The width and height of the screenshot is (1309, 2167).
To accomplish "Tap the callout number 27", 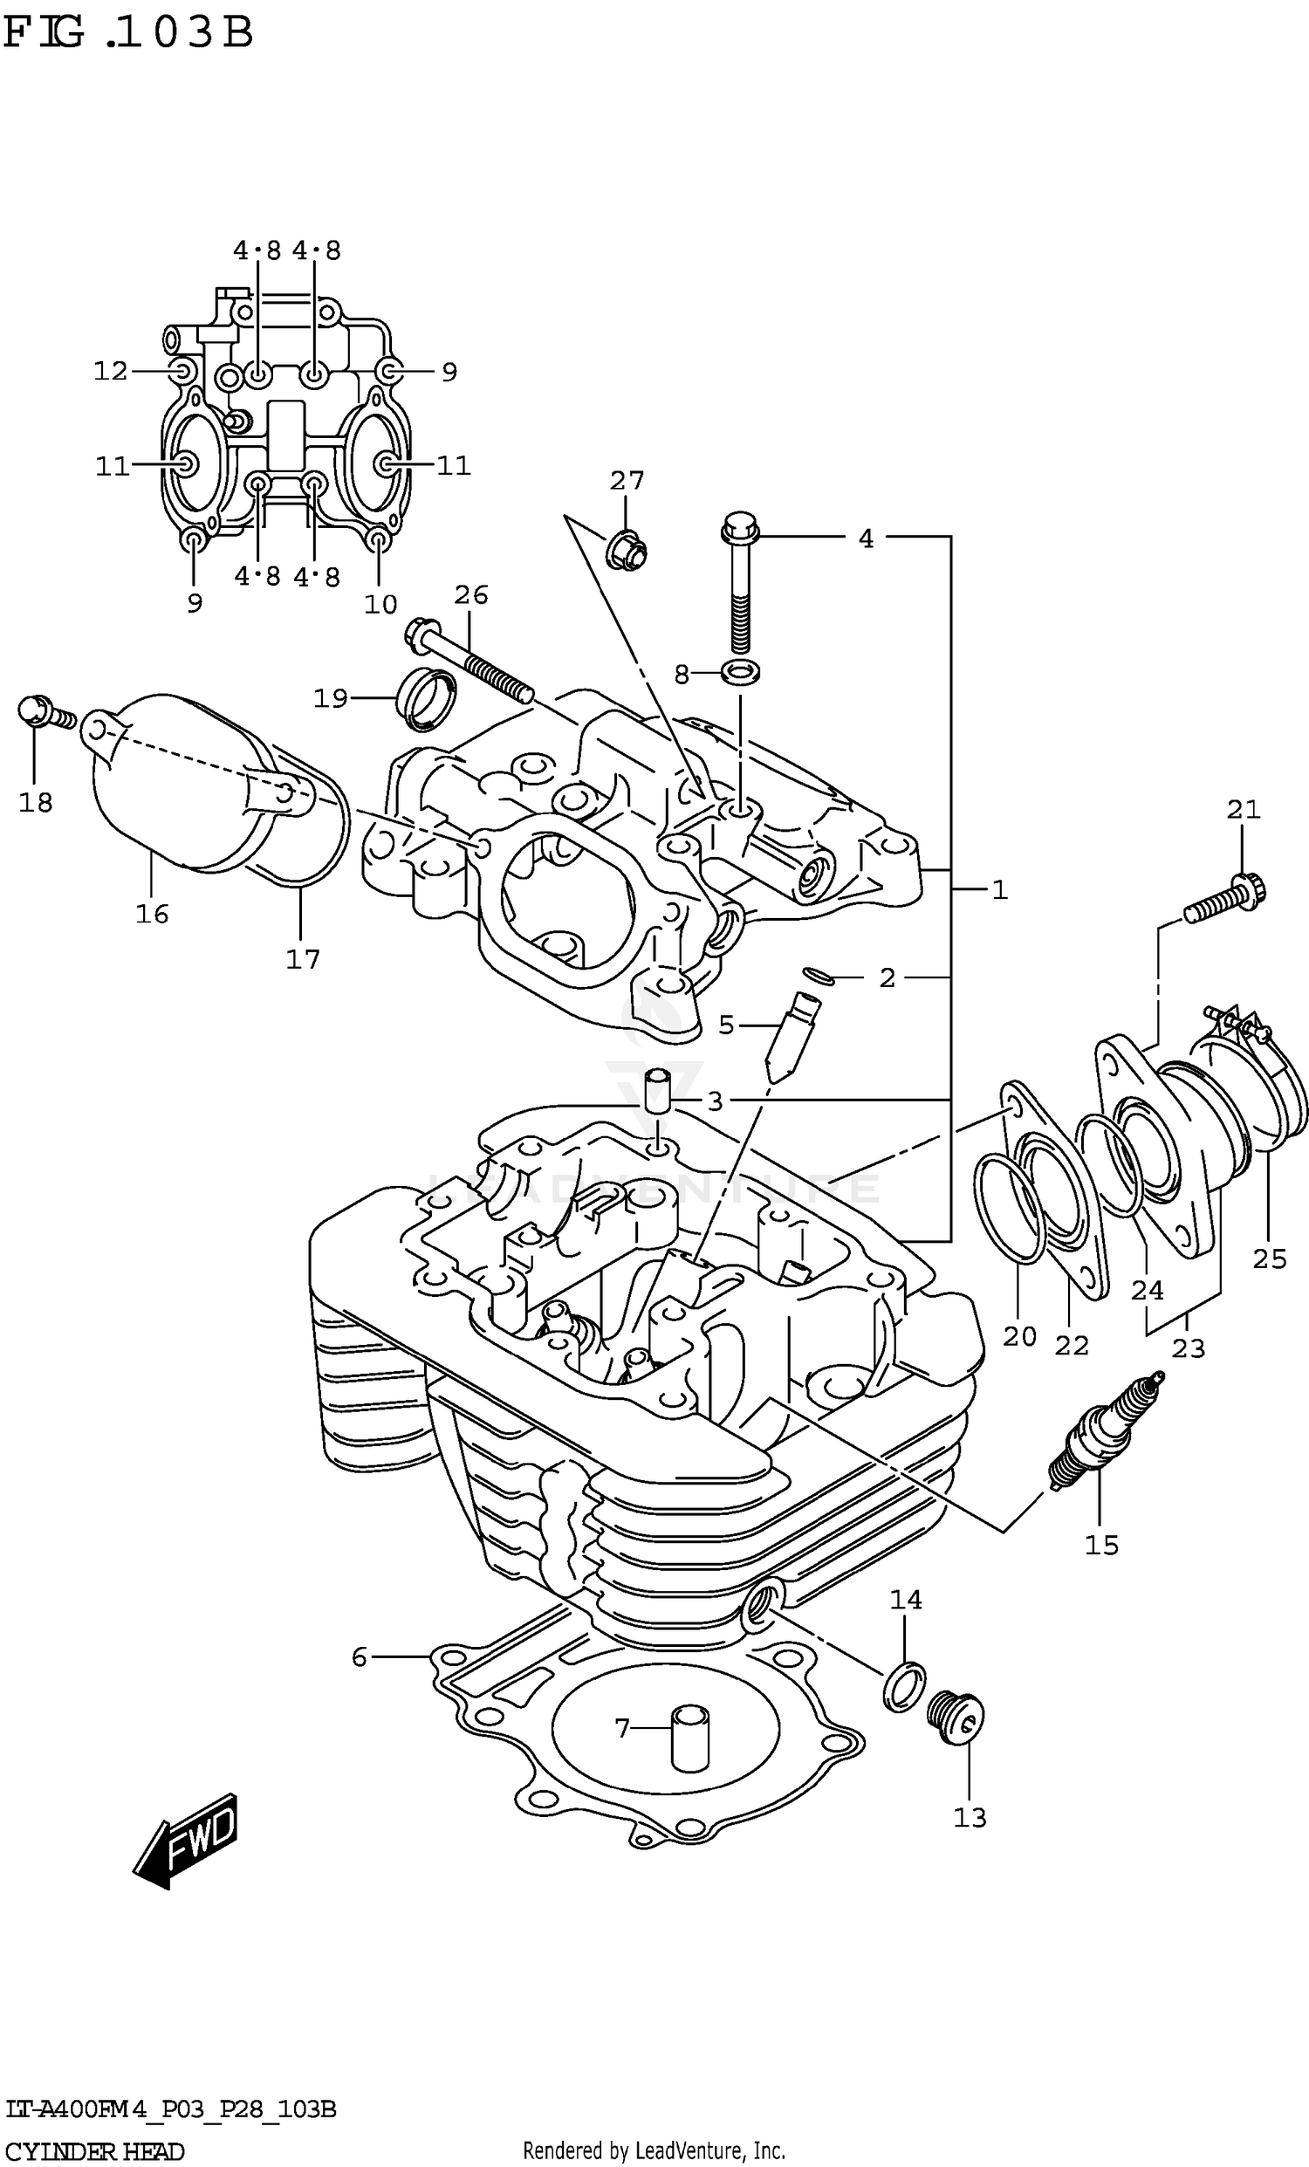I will click(627, 480).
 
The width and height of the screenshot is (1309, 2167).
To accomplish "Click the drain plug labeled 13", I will click(956, 1715).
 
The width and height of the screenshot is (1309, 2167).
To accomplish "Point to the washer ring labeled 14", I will click(905, 1687).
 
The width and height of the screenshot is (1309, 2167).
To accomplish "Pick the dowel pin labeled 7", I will click(689, 1738).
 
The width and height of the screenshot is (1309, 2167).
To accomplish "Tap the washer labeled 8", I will click(740, 674).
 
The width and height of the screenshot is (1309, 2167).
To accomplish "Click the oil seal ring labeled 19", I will click(428, 699).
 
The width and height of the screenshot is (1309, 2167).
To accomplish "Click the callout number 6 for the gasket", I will click(359, 1657).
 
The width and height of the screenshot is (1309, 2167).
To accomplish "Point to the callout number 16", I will click(151, 914).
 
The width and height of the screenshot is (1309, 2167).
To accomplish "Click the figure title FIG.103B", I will click(127, 33).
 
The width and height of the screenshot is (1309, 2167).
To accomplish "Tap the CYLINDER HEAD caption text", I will click(94, 2152).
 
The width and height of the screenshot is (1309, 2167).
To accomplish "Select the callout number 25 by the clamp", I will click(1270, 1259).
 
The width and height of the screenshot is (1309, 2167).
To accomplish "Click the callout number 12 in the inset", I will click(111, 371).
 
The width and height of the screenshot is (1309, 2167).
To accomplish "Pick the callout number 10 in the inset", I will click(380, 604).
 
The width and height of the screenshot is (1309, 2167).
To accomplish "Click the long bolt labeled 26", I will click(470, 660).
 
